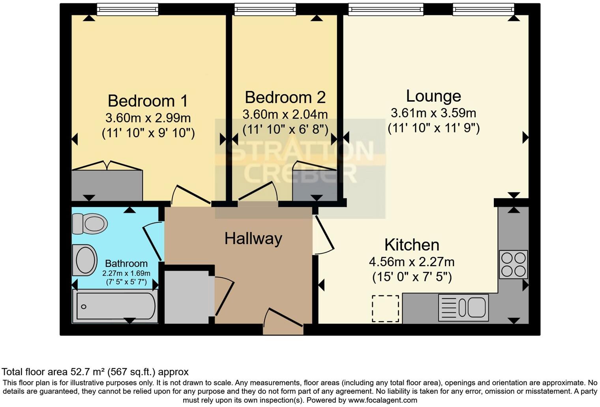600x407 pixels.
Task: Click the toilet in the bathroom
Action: tap(90, 224)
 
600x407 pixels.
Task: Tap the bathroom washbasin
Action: tap(85, 260)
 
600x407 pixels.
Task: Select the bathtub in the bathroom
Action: tap(115, 306)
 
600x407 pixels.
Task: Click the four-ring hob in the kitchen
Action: tap(513, 264)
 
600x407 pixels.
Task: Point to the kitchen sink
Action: tap(463, 307)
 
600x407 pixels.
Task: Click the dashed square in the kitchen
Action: tap(385, 308)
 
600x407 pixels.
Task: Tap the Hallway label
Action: tap(253, 239)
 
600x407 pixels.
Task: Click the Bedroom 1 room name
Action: tap(148, 101)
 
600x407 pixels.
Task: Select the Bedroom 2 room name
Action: tap(285, 97)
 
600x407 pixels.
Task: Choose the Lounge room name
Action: tap(433, 96)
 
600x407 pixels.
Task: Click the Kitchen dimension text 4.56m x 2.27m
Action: tap(412, 262)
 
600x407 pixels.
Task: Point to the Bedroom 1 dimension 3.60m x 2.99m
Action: tap(148, 118)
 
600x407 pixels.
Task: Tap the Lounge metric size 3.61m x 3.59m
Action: tap(433, 113)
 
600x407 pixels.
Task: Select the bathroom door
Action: tap(152, 241)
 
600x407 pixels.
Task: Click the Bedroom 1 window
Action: tap(127, 9)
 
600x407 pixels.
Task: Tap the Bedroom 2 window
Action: tap(265, 9)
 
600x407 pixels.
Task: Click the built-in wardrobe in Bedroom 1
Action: tap(107, 185)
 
